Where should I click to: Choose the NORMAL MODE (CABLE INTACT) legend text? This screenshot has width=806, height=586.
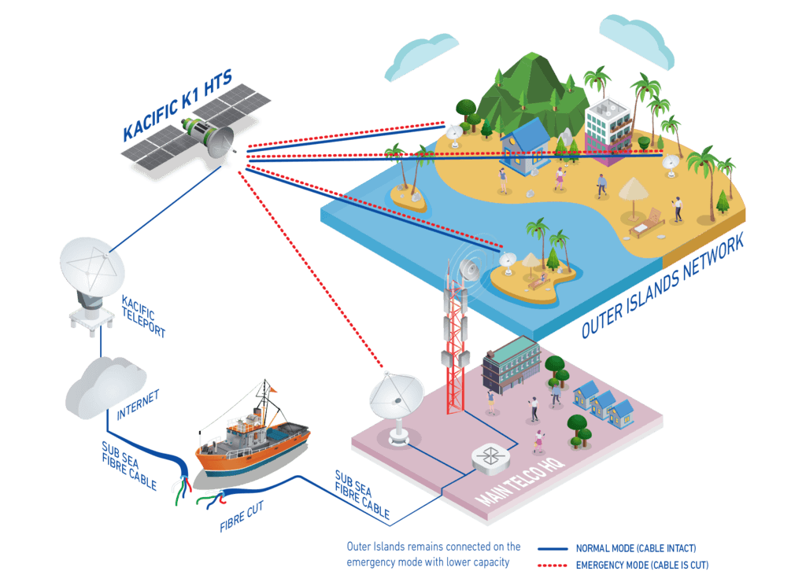(x=636, y=547)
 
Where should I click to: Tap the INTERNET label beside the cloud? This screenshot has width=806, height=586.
(x=138, y=404)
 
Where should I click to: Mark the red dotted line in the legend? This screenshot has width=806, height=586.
(x=553, y=565)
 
